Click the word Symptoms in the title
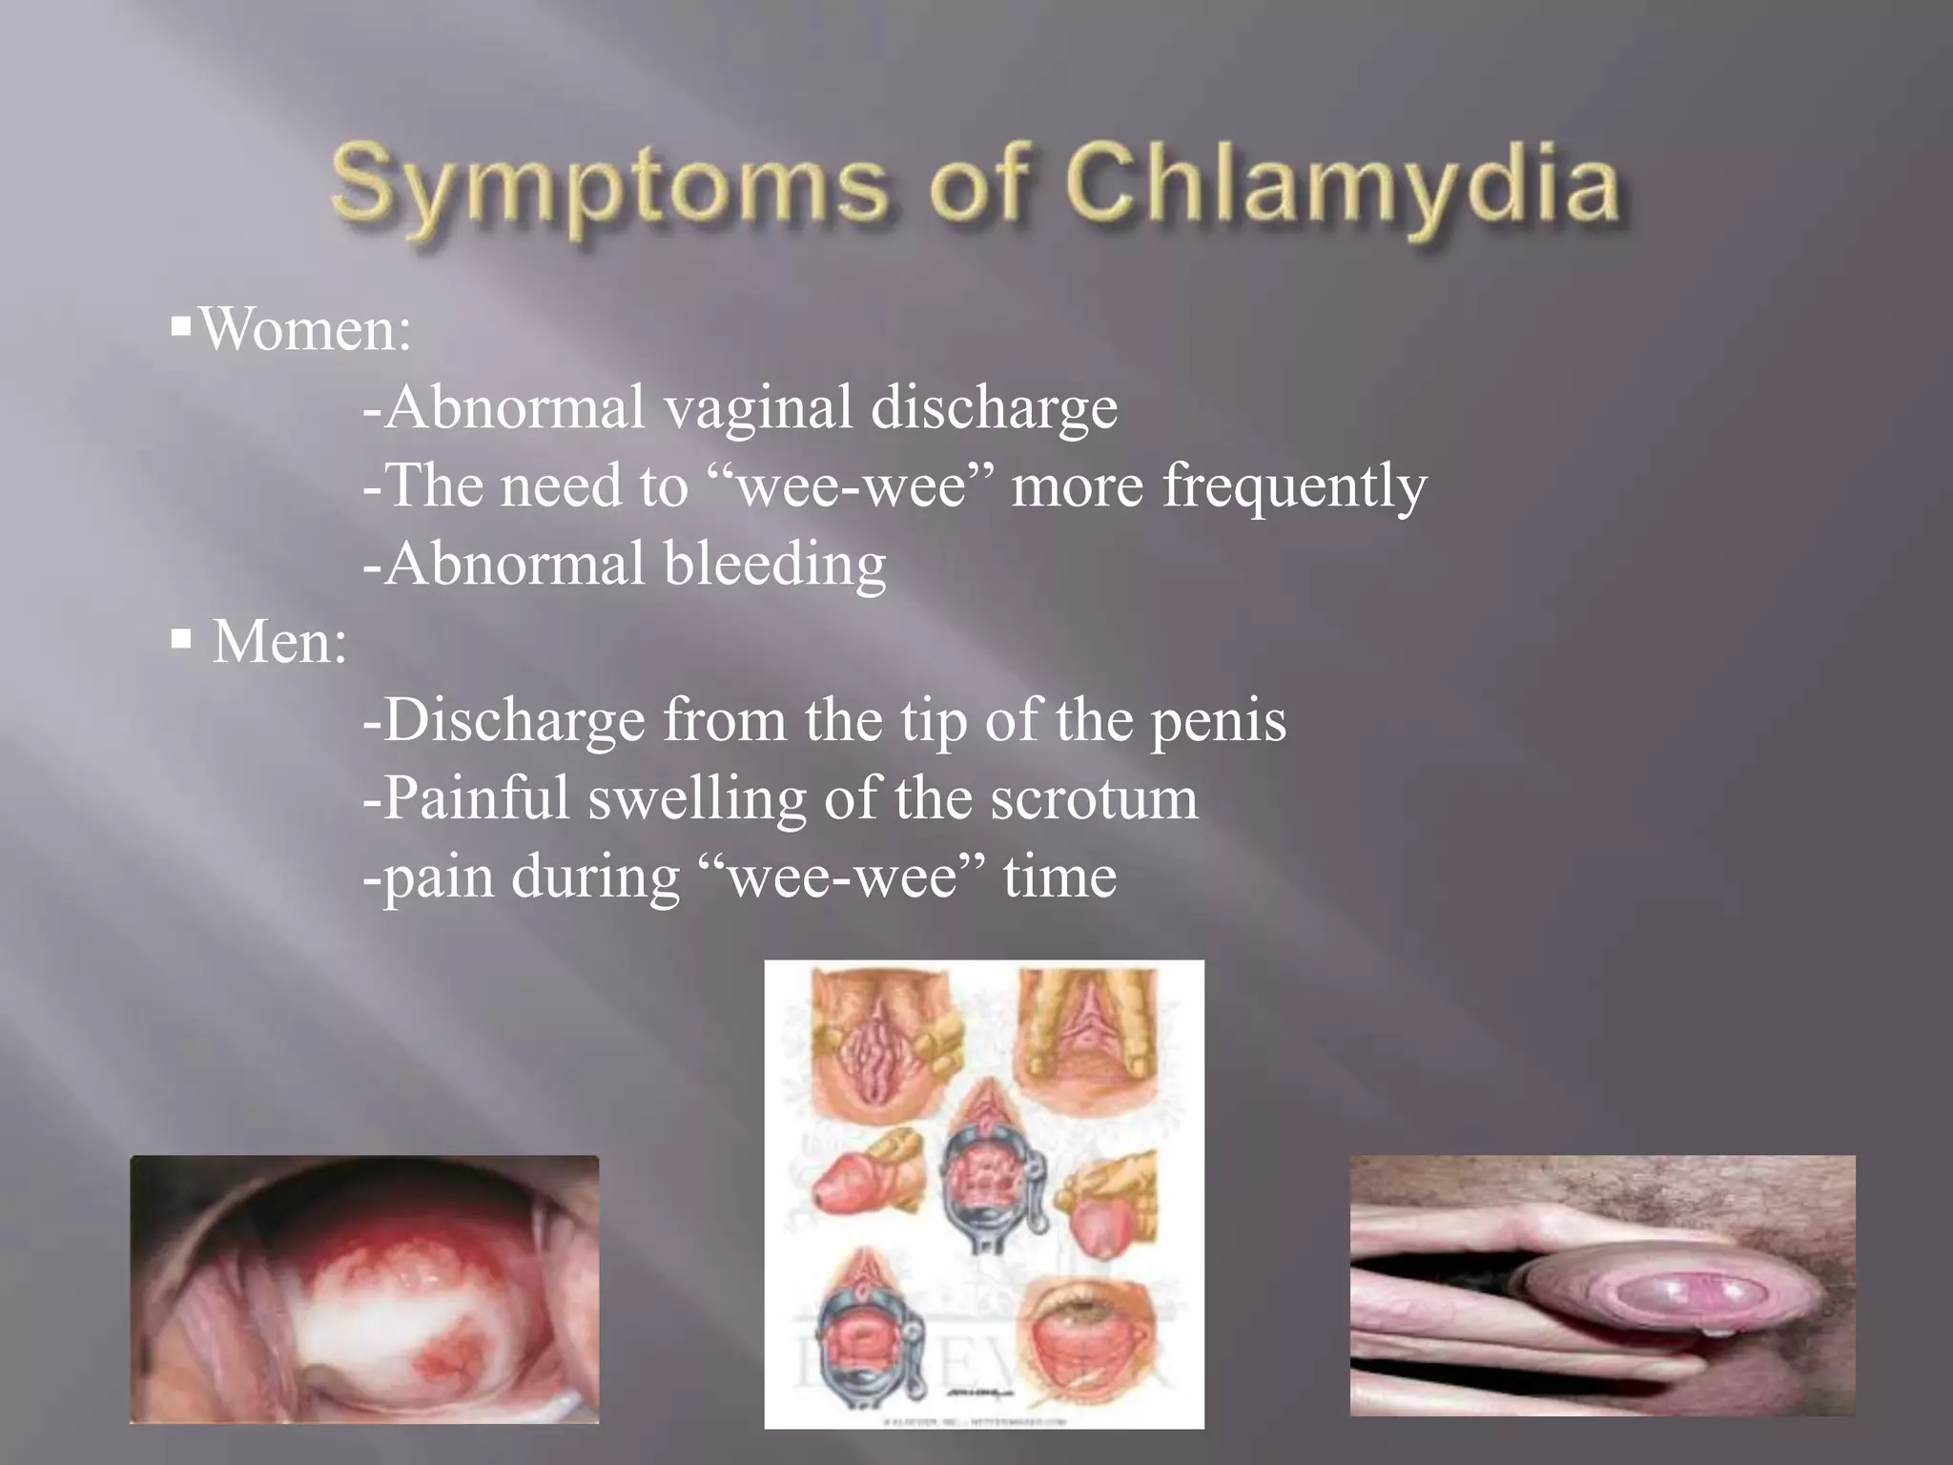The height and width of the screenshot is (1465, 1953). click(x=608, y=186)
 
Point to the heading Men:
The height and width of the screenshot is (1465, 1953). click(x=278, y=642)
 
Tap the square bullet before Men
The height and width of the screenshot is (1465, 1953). click(x=181, y=638)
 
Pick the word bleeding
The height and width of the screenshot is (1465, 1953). click(x=774, y=565)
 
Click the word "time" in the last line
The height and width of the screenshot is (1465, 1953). click(x=1059, y=877)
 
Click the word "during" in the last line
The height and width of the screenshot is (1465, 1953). click(x=595, y=877)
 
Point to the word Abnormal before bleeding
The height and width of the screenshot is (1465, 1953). click(x=515, y=565)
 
